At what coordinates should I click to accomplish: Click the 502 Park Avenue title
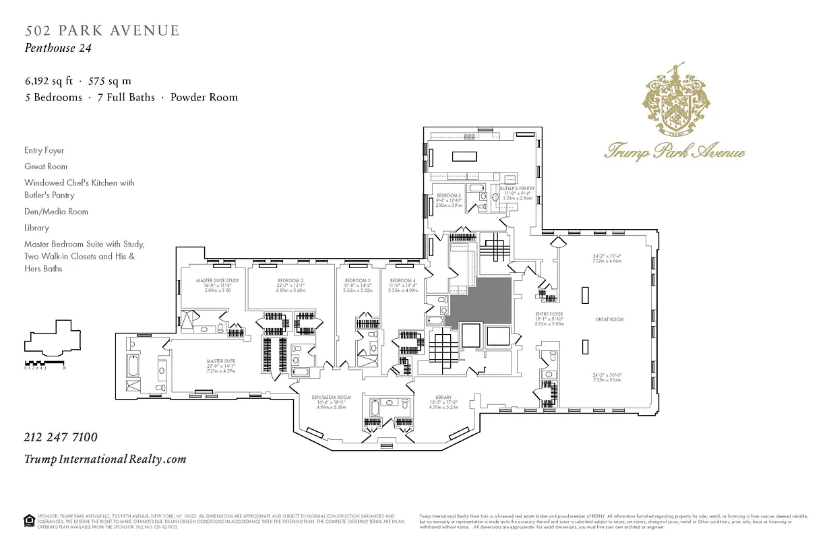pos(102,30)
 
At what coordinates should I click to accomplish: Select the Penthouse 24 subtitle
pos(58,48)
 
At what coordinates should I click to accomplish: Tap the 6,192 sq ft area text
pos(49,81)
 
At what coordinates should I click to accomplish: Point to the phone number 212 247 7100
pos(61,437)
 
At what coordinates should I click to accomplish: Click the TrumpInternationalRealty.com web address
pos(105,459)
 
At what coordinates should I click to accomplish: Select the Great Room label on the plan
pos(609,319)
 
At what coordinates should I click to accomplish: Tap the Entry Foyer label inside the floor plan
pos(549,314)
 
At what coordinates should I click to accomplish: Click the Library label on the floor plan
pos(443,398)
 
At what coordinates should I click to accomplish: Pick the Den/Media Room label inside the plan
pos(335,398)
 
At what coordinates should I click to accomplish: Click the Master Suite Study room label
pos(217,280)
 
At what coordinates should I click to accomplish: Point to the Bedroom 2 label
pos(290,280)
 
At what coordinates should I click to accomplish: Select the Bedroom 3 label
pos(357,280)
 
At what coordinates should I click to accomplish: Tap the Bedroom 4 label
pos(402,280)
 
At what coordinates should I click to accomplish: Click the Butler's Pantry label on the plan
pos(517,189)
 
